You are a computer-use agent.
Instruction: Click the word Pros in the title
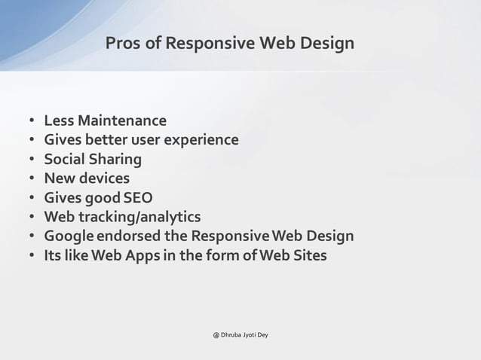[x=123, y=44]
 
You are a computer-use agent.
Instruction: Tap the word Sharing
[x=116, y=160]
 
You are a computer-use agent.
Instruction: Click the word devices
[x=104, y=179]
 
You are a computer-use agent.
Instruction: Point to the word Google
[x=68, y=237]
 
